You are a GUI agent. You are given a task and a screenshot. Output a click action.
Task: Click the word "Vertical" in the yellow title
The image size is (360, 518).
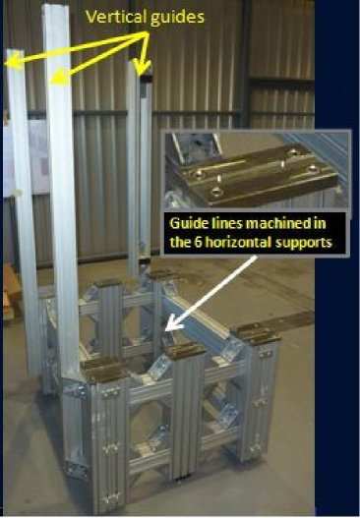[x=116, y=17]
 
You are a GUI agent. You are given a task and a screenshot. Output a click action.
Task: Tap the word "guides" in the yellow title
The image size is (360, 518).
[x=177, y=18]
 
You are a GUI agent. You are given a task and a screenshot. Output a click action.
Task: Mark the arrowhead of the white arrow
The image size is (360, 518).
[x=170, y=324]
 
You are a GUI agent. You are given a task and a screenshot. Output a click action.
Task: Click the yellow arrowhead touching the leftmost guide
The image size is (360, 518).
[x=12, y=62]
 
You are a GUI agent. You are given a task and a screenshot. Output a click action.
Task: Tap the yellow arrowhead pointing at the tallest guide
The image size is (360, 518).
[x=57, y=78]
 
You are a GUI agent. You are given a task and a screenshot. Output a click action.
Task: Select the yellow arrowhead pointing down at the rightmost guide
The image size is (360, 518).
[x=143, y=67]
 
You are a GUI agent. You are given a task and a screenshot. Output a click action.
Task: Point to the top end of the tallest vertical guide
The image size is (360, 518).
[x=56, y=7]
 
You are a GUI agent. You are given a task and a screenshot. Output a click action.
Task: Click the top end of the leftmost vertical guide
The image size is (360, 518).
[x=14, y=51]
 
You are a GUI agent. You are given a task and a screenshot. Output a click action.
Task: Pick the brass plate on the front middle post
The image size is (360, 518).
[x=185, y=350]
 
